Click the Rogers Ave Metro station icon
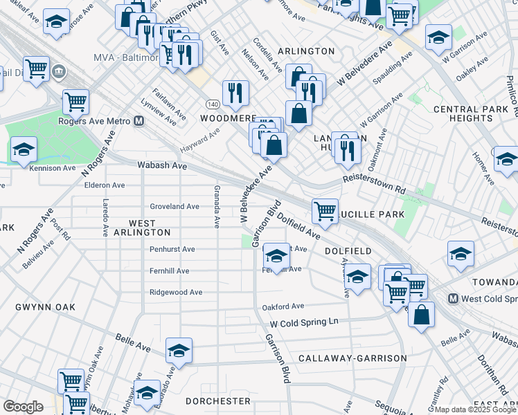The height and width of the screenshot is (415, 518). tap(139, 121)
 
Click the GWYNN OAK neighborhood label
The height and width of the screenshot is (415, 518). tap(44, 306)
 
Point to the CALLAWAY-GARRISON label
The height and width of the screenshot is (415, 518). tap(352, 358)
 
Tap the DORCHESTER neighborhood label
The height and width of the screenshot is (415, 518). tap(217, 401)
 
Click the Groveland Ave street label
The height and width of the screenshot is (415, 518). tap(175, 206)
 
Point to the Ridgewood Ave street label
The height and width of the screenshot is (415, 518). tap(176, 293)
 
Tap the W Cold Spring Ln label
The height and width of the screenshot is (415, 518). tap(304, 322)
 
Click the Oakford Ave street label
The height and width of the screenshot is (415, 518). tap(283, 306)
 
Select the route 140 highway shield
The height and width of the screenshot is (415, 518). tap(213, 104)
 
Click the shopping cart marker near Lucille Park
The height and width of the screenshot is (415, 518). tap(324, 210)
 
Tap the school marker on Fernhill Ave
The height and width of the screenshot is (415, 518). tap(276, 256)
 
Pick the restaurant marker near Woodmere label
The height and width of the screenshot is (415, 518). tap(235, 92)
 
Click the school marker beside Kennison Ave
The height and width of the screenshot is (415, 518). tap(23, 149)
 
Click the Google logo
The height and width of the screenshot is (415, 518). tap(24, 407)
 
